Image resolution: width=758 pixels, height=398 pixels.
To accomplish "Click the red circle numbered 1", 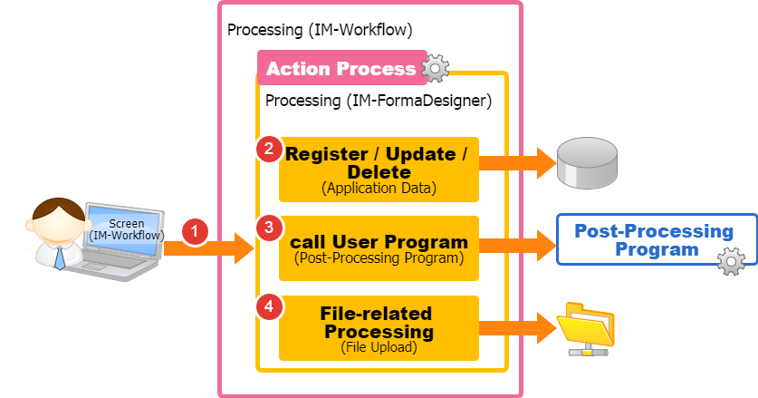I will [197, 231].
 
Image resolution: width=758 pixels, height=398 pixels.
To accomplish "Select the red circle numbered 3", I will [269, 227].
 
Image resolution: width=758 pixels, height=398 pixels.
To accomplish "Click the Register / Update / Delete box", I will [379, 170].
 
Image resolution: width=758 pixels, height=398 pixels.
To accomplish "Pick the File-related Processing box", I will [379, 327].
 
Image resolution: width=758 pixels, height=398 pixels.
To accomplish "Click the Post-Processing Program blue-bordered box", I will [654, 239].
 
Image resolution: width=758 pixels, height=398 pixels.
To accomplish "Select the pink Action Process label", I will [340, 69].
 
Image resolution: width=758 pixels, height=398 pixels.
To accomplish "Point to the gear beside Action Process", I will [436, 67].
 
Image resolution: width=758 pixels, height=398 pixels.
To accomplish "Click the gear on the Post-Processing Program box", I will [731, 262].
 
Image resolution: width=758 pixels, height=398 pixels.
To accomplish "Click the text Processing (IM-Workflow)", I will [320, 30].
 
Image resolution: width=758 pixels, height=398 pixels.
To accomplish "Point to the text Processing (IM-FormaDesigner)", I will [378, 100].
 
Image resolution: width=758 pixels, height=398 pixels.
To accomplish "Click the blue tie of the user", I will [60, 257].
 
